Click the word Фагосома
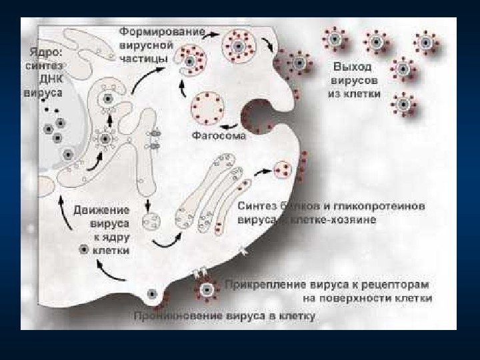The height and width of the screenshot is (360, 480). [219, 136]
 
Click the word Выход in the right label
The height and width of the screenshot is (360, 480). [353, 67]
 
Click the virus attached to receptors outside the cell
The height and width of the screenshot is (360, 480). [207, 290]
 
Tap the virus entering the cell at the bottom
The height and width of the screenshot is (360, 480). [153, 293]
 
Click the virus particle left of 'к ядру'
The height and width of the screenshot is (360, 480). [83, 249]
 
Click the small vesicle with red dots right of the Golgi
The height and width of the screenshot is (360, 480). [284, 169]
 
